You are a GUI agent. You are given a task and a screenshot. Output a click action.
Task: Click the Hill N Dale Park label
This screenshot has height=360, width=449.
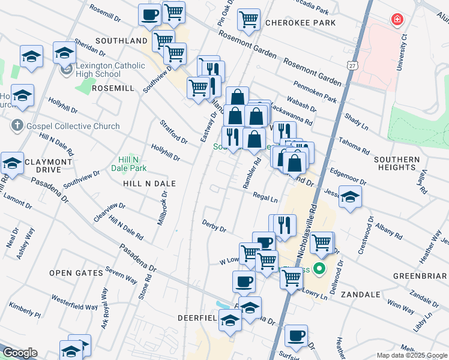pyautogui.click(x=131, y=163)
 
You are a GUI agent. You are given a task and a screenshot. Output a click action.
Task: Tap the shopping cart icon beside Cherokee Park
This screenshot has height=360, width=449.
pyautogui.click(x=249, y=19)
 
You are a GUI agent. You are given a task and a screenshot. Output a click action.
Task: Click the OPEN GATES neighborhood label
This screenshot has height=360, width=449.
pyautogui.click(x=76, y=273)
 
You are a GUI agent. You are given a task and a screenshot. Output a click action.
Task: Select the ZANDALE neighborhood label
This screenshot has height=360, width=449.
pyautogui.click(x=360, y=295)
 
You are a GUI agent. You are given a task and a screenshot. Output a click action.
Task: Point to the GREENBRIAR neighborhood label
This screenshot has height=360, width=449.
pyautogui.click(x=420, y=277)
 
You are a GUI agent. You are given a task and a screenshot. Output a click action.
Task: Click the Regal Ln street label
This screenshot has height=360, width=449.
pyautogui.click(x=265, y=197)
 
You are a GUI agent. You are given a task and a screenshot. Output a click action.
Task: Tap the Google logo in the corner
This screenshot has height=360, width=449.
pyautogui.click(x=19, y=353)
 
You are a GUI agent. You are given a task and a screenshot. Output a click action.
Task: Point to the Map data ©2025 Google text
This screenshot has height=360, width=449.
pyautogui.click(x=411, y=355)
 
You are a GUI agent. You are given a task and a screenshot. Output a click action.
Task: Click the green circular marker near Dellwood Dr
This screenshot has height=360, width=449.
pyautogui.click(x=319, y=269)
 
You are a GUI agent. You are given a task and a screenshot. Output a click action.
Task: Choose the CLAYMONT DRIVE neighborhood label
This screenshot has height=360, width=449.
pyautogui.click(x=48, y=166)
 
